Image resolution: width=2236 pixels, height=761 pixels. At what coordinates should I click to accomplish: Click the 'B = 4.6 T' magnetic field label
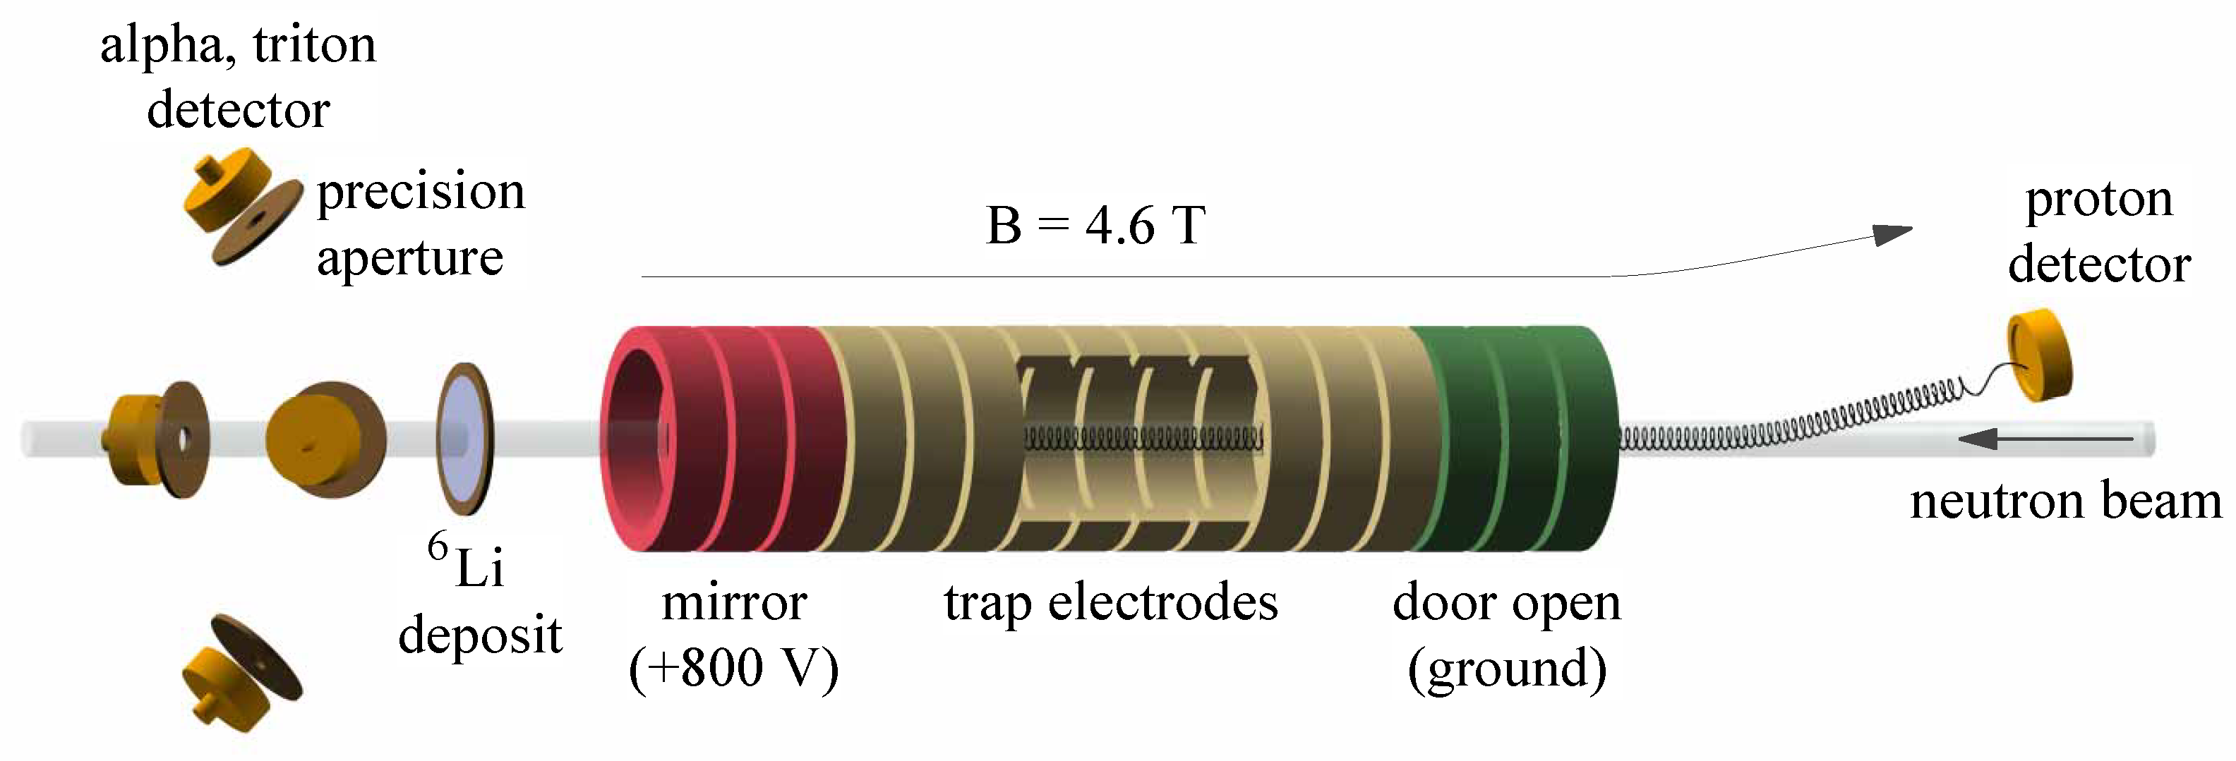pyautogui.click(x=1095, y=226)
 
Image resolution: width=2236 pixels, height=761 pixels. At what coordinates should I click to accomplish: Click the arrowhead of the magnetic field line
pyautogui.click(x=1892, y=234)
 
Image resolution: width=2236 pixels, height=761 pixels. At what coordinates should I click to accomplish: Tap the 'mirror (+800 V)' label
pyautogui.click(x=734, y=634)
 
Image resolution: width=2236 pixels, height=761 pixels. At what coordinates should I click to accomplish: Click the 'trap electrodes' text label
pyautogui.click(x=1111, y=602)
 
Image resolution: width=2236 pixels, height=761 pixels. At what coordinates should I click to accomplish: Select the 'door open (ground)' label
pyautogui.click(x=1507, y=634)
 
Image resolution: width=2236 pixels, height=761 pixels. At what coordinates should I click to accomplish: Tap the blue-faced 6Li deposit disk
pyautogui.click(x=462, y=438)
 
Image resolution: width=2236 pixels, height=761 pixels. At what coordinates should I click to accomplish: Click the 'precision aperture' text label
pyautogui.click(x=421, y=224)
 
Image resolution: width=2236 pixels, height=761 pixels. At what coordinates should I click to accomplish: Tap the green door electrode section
pyautogui.click(x=1515, y=438)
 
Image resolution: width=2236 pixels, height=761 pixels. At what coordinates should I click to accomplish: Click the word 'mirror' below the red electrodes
pyautogui.click(x=734, y=602)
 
